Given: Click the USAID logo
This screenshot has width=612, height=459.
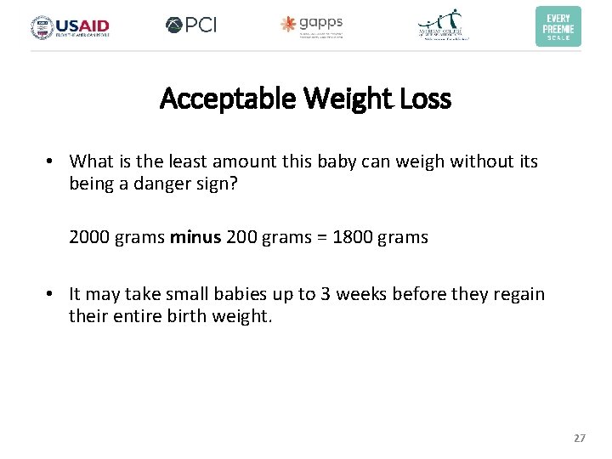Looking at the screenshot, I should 71,27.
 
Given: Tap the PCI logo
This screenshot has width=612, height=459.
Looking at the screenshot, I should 191,25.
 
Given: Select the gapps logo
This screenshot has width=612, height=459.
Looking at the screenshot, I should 312,25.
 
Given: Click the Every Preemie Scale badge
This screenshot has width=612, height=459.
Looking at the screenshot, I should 558,26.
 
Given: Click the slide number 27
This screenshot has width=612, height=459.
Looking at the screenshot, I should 580,438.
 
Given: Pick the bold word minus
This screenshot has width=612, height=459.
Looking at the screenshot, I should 195,237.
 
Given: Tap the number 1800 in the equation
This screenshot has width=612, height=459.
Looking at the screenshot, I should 353,237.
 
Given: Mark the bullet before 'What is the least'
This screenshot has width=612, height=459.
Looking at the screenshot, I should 52,161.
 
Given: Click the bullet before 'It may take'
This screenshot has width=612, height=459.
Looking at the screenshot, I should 52,295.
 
